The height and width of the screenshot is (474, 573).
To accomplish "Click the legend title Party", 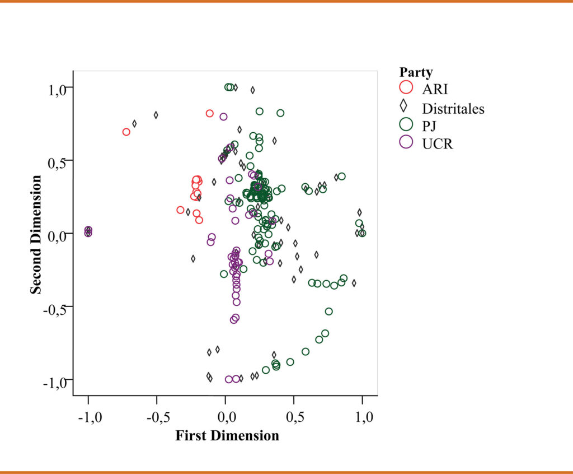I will pyautogui.click(x=416, y=72).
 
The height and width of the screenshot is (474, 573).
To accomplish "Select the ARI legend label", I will pyautogui.click(x=435, y=89).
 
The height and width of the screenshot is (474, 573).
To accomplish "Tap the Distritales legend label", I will pyautogui.click(x=453, y=108).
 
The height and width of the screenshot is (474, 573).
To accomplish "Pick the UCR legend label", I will pyautogui.click(x=438, y=143).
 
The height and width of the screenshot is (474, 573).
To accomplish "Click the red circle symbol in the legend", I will pyautogui.click(x=406, y=87).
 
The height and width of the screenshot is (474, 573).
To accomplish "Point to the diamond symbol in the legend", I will pyautogui.click(x=406, y=106).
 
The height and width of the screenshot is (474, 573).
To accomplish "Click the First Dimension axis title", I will pyautogui.click(x=227, y=436).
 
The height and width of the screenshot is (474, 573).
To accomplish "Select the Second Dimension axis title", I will pyautogui.click(x=36, y=234).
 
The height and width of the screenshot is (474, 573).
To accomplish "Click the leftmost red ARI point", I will pyautogui.click(x=126, y=132).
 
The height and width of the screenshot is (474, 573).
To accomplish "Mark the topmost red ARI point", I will pyautogui.click(x=210, y=113).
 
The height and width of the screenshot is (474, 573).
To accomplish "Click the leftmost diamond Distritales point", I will pyautogui.click(x=134, y=123).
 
